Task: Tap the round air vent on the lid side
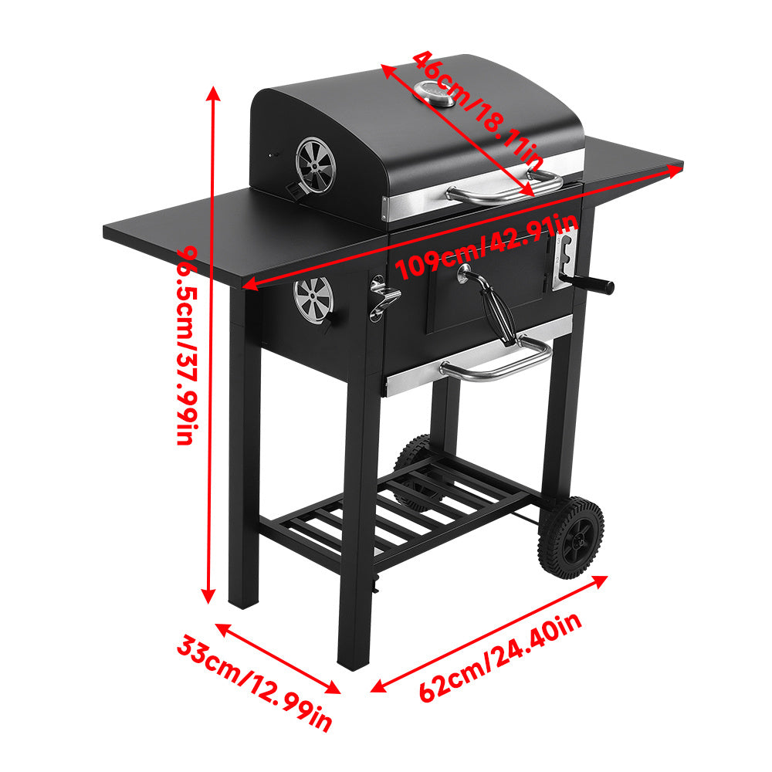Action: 316,164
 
